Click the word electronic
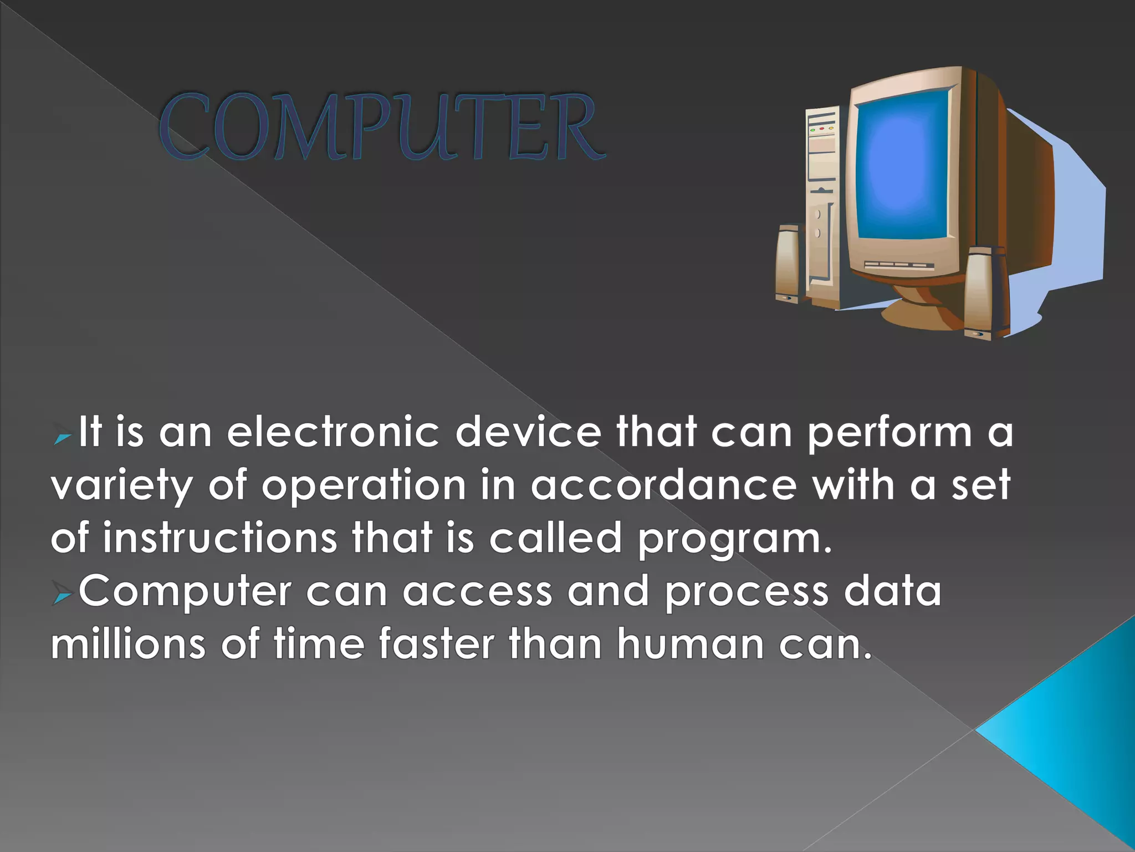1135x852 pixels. pyautogui.click(x=333, y=432)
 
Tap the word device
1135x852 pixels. pyautogui.click(x=528, y=432)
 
